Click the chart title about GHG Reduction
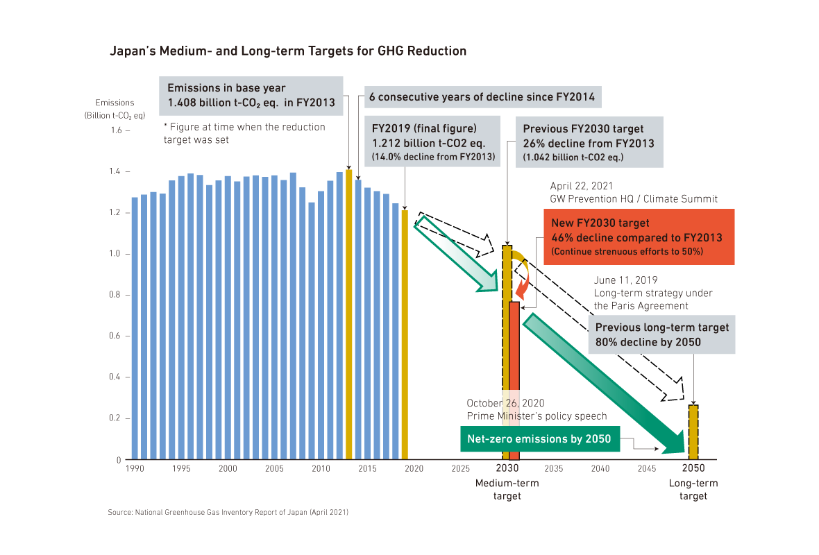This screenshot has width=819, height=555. tap(288, 51)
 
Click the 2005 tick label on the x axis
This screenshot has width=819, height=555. tap(275, 469)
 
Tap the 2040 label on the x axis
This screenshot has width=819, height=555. tap(600, 469)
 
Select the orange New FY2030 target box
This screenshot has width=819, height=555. tap(639, 237)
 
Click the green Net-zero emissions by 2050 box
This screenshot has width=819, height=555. tap(539, 439)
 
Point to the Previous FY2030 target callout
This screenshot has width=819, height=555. tap(589, 142)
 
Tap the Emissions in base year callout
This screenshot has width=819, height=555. tap(251, 95)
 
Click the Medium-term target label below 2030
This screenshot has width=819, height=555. tap(507, 489)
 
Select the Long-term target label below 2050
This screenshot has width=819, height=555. tap(693, 489)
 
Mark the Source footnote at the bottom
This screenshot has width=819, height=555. tap(228, 512)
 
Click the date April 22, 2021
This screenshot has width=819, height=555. tap(582, 187)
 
